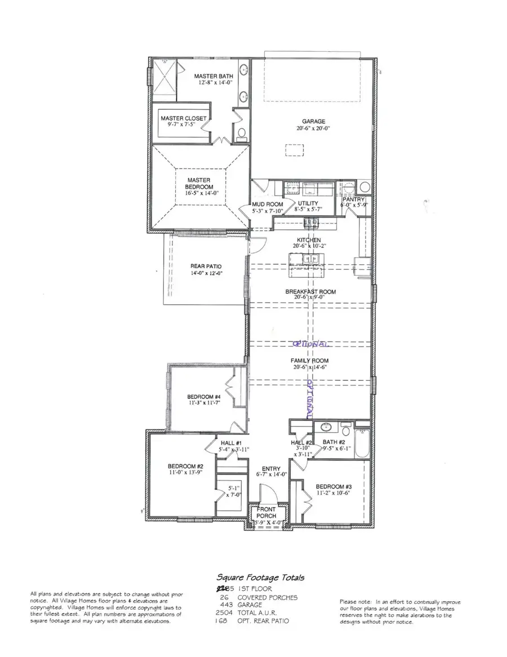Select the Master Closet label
click(183, 118)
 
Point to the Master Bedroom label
click(199, 184)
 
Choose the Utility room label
click(308, 203)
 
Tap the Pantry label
click(354, 199)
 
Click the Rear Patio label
click(206, 266)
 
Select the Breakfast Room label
click(310, 291)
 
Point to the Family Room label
click(309, 361)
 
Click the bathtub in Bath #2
click(364, 437)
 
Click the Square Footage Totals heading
click(260, 577)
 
